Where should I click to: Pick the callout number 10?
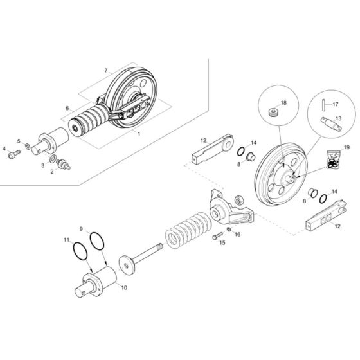click(124, 287)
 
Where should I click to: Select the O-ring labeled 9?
click(97, 242)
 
